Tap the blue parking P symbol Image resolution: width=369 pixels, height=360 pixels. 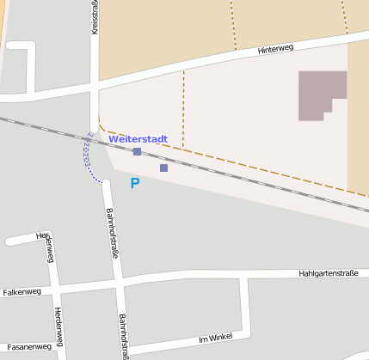134,183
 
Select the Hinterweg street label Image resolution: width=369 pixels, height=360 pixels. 275,50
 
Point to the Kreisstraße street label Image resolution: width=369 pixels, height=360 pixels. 94,17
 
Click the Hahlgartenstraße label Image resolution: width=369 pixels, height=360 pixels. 328,273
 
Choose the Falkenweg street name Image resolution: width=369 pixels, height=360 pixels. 22,292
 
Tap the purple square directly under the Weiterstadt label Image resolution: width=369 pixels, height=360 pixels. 137,151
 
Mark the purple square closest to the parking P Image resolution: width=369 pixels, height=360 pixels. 163,168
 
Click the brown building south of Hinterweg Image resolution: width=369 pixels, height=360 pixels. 321,93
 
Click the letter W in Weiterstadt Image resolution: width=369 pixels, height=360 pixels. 114,138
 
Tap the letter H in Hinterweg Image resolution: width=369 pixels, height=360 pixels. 261,52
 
